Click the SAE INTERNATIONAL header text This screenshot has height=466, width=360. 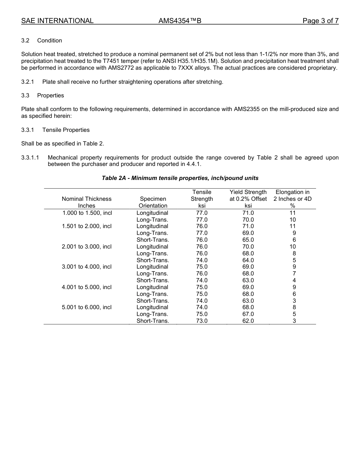[x=57, y=21]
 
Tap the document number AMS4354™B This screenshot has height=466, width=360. [x=180, y=21]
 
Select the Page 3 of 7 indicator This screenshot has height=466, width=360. [x=320, y=21]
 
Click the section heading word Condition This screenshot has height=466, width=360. [x=50, y=41]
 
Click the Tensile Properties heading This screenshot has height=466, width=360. [x=66, y=130]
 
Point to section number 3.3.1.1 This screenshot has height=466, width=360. [x=30, y=158]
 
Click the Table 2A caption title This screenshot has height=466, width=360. [x=180, y=178]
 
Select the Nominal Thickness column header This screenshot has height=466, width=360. [x=87, y=199]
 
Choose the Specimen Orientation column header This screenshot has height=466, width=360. [x=153, y=202]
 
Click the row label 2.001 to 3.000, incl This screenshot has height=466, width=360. [x=87, y=247]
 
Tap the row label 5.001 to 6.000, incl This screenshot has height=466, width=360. [x=87, y=307]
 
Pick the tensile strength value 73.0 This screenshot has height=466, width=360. [x=202, y=321]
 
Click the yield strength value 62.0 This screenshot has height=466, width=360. [x=248, y=321]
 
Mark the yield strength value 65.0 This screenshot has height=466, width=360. [x=248, y=240]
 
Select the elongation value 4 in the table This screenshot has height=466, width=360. [x=294, y=280]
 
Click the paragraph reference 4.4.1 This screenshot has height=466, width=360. [x=193, y=164]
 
